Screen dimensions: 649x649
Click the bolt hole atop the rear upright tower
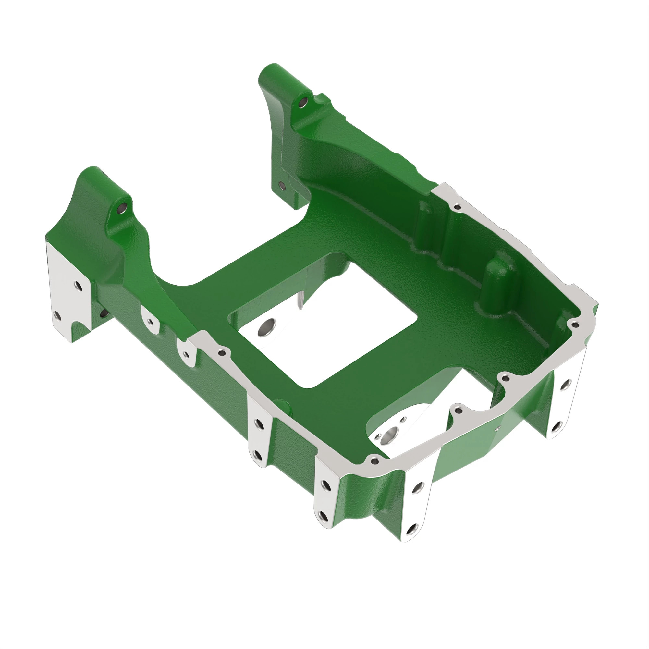click(303, 102)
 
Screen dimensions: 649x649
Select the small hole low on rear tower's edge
click(282, 185)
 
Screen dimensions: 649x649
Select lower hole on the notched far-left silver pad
click(57, 315)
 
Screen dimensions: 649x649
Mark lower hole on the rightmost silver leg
click(556, 426)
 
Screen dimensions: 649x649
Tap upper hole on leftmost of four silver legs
click(259, 424)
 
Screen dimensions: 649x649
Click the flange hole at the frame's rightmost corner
click(575, 324)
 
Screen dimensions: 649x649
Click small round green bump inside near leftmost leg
click(280, 403)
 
